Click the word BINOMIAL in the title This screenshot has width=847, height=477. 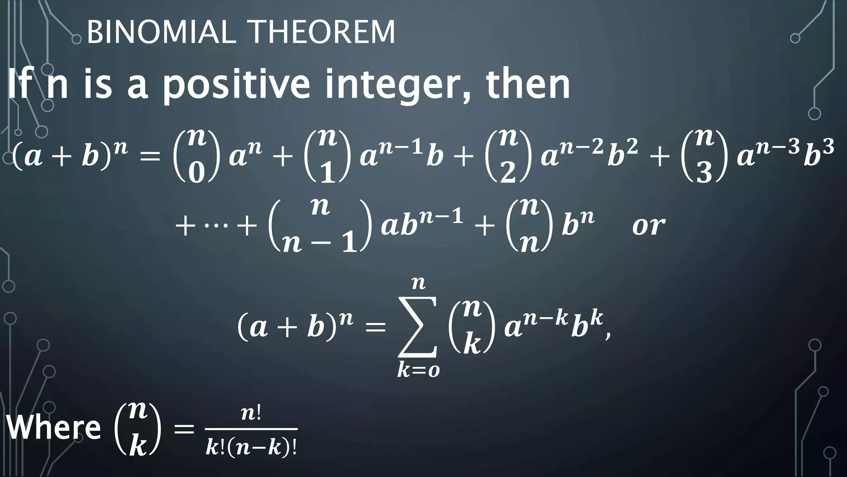[x=161, y=32]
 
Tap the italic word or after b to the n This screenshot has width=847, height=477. [x=648, y=226]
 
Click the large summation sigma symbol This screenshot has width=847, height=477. [x=418, y=327]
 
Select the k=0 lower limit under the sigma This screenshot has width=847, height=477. [x=418, y=370]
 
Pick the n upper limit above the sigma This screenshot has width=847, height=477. [x=419, y=284]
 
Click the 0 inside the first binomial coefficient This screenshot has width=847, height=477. [x=196, y=172]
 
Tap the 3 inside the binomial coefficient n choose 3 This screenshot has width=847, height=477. [x=703, y=172]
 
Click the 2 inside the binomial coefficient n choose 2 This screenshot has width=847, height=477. [x=507, y=172]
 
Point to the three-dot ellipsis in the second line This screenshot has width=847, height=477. [x=216, y=227]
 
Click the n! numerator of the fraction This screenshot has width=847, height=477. [x=251, y=414]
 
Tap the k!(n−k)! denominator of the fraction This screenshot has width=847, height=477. [x=251, y=448]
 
